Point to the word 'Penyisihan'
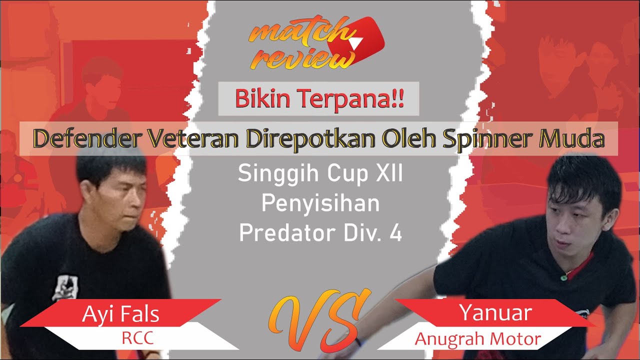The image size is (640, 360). (320, 204)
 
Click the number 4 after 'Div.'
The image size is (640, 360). (395, 233)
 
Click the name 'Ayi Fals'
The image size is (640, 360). (121, 314)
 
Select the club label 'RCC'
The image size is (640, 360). (138, 339)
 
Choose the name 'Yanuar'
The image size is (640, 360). (495, 313)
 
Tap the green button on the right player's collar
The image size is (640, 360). (563, 276)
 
